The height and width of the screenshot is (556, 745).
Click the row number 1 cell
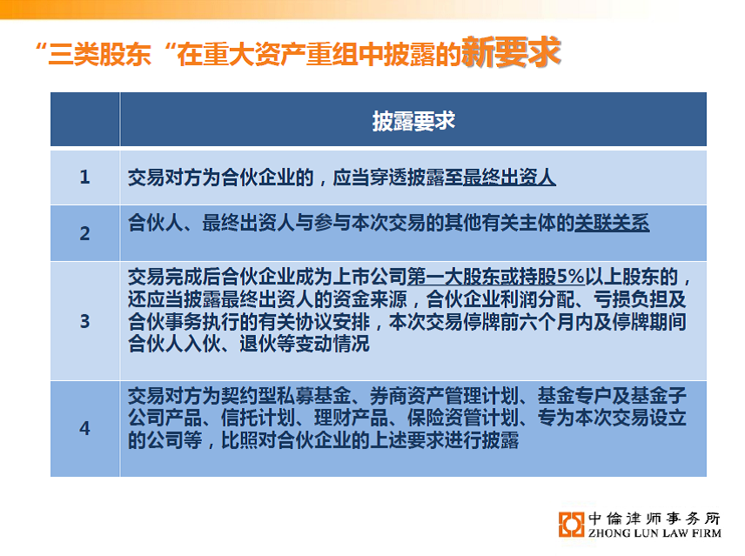pos(84,178)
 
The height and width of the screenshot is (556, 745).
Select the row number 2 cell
pos(84,233)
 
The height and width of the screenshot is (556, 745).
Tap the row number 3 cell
pos(84,321)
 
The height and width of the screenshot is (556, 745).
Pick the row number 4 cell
pos(84,428)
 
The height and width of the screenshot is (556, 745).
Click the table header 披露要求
pos(413,121)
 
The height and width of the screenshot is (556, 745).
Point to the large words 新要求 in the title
pos(511,51)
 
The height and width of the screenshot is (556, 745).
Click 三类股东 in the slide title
pos(100,54)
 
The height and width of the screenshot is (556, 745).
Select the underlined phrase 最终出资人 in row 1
pos(509,178)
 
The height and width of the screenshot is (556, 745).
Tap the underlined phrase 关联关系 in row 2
pos(612,223)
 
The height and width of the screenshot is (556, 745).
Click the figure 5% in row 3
pos(570,277)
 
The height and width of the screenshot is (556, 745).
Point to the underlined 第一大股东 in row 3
pos(453,277)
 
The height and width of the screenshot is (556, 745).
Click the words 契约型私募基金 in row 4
pos(286,396)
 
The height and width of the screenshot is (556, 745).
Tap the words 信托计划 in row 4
pos(258,418)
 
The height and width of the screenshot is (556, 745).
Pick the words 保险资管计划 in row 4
pos(463,418)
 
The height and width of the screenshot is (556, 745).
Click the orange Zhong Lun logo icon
pos(571,524)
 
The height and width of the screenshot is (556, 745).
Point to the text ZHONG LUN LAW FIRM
pos(654,533)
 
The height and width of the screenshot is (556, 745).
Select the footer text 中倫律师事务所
pos(654,518)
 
